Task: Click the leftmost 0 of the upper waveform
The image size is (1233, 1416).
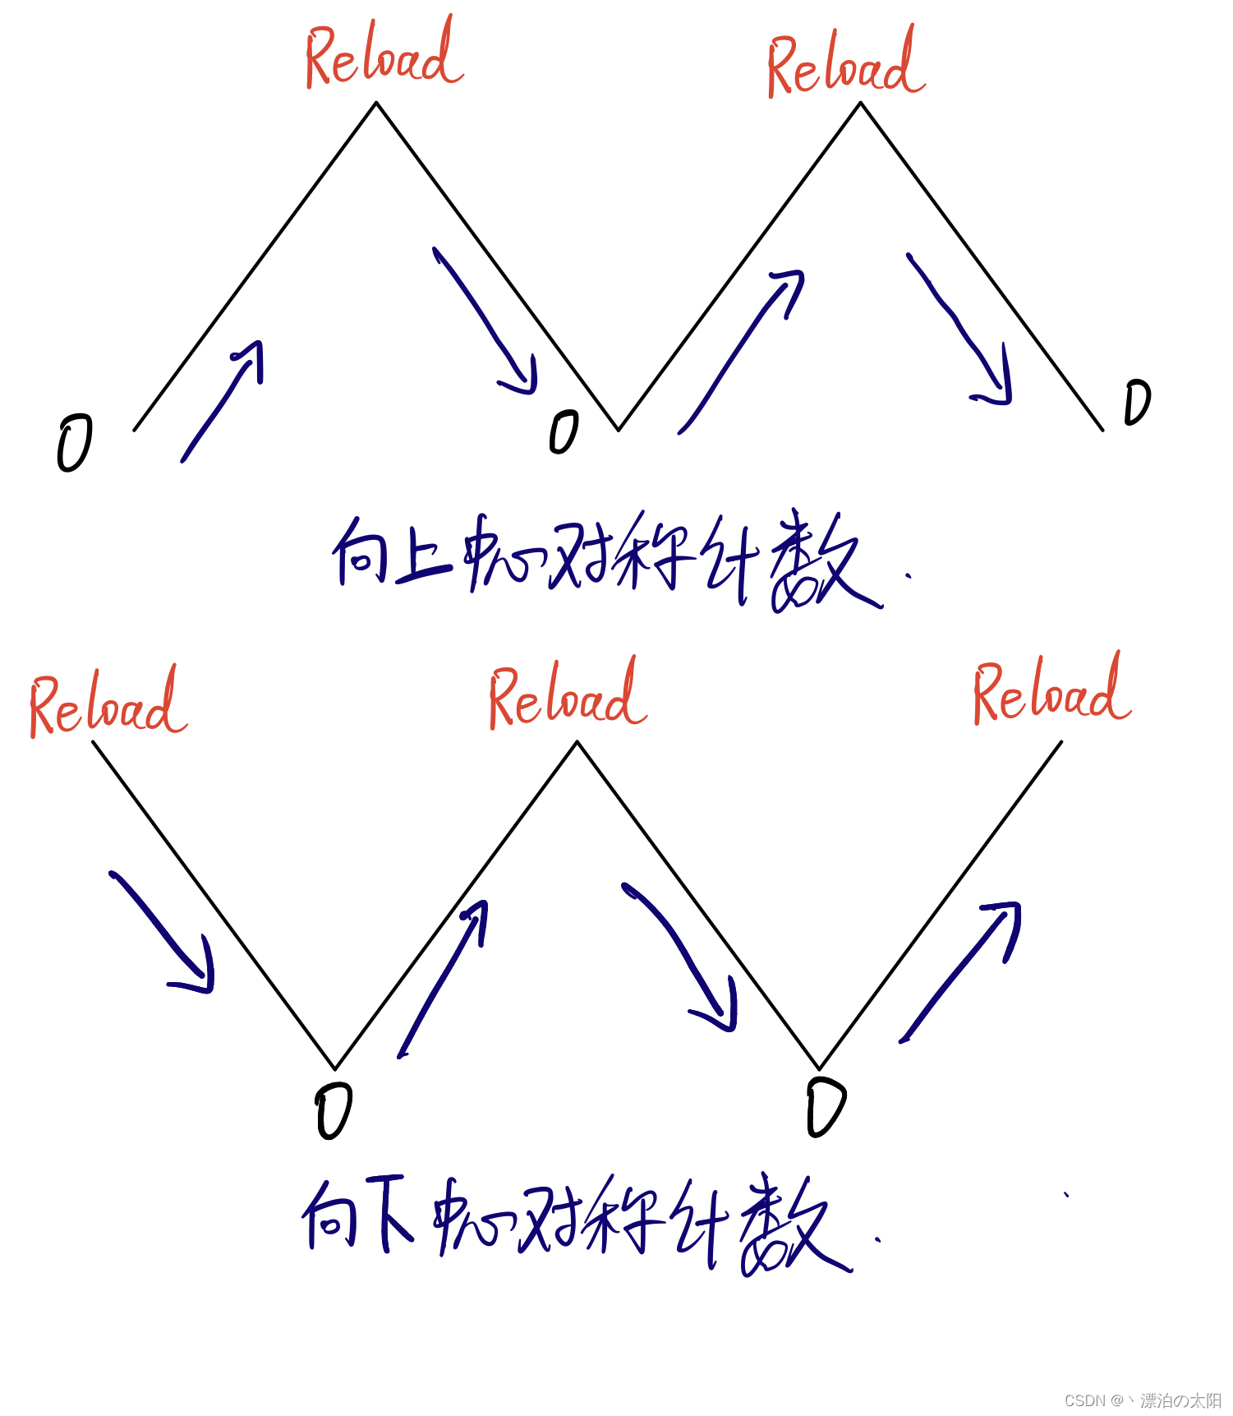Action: [74, 443]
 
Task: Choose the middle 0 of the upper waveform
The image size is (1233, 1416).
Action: [564, 432]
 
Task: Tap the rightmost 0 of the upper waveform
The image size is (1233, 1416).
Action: [1138, 403]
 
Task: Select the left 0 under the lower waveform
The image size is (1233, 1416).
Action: [334, 1110]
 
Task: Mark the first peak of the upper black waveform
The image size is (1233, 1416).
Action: [376, 103]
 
